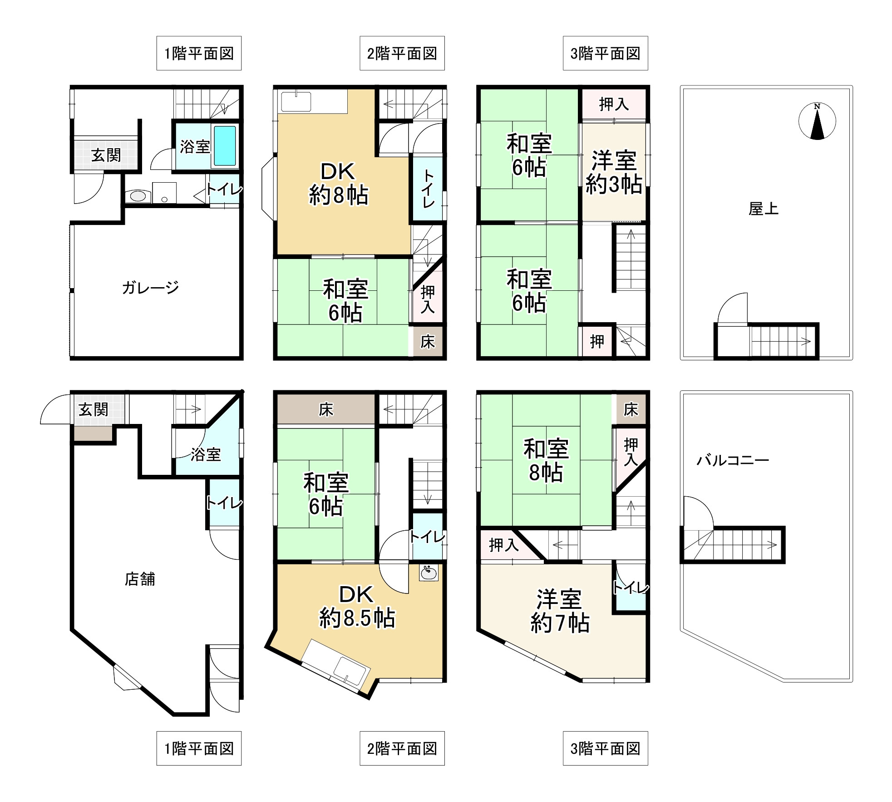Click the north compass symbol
tap(817, 121)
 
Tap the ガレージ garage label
tap(150, 287)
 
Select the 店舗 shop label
tap(140, 579)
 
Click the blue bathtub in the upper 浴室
tap(225, 145)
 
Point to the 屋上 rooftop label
tap(764, 209)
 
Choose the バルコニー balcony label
tap(733, 460)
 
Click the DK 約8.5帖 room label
tap(357, 607)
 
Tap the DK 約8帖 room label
tap(338, 184)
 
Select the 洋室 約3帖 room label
tap(614, 172)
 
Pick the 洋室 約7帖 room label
tap(560, 611)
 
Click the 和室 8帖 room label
tap(546, 460)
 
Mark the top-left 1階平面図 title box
tap(199, 53)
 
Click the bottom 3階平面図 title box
tap(605, 748)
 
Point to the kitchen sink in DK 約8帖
tap(296, 102)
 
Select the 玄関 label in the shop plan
tap(94, 409)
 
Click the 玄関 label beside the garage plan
tap(106, 155)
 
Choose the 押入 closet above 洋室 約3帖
tap(614, 104)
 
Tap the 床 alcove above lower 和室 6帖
tap(326, 409)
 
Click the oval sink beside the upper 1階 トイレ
tap(138, 196)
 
